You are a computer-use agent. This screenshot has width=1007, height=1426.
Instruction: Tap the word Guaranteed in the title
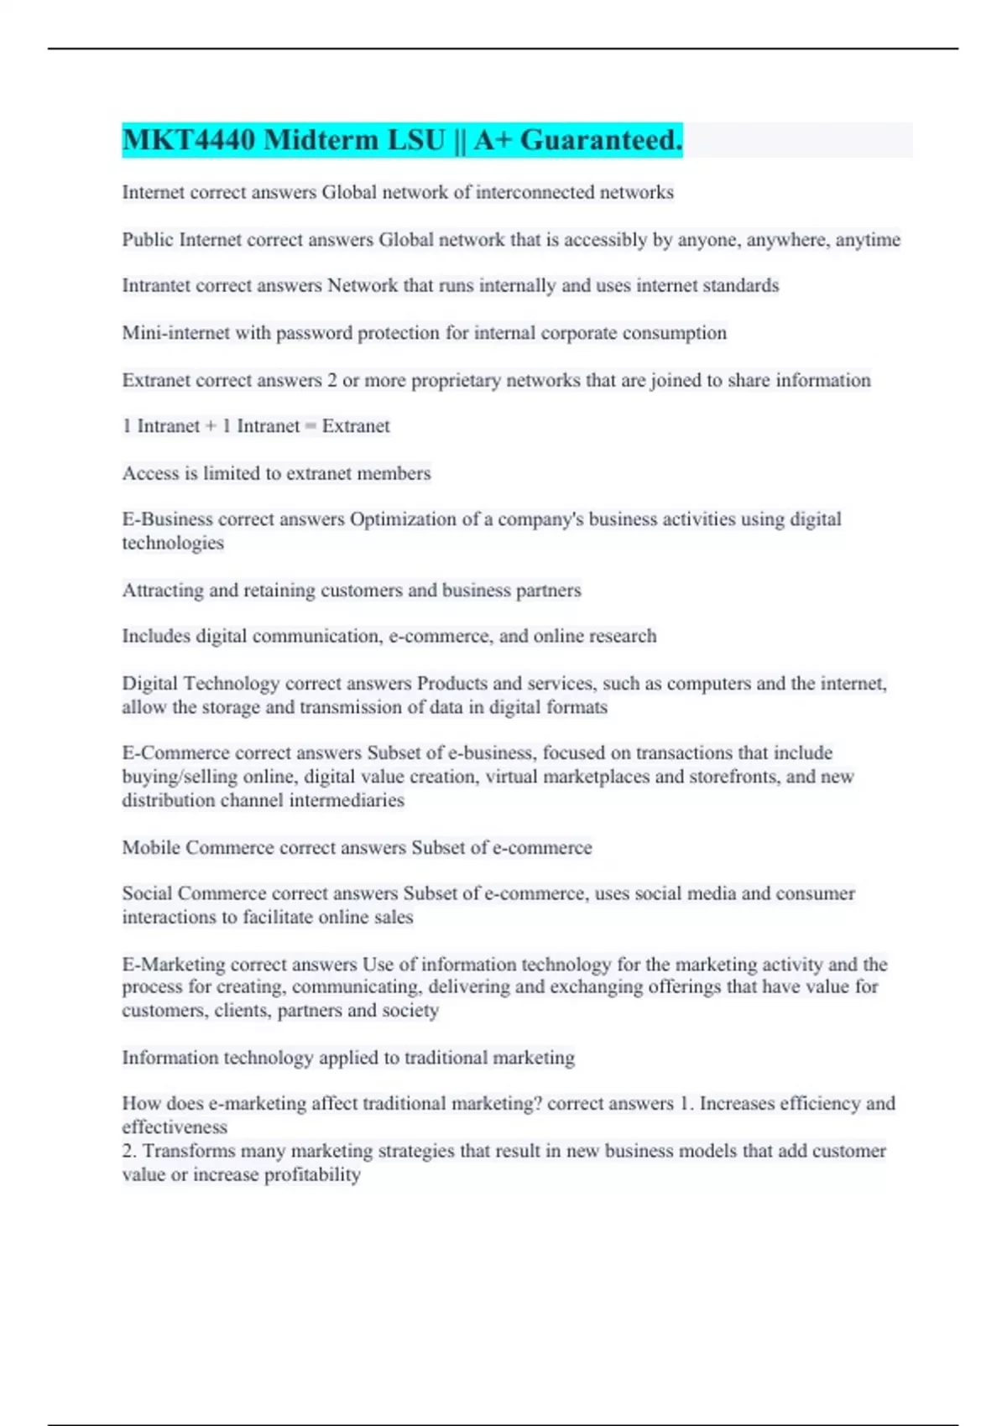pyautogui.click(x=601, y=140)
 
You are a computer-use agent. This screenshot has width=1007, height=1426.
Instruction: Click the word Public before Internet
pyautogui.click(x=148, y=240)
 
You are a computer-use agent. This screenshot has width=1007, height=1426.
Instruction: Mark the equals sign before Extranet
pyautogui.click(x=310, y=426)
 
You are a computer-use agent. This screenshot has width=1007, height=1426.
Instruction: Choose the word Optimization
pyautogui.click(x=402, y=519)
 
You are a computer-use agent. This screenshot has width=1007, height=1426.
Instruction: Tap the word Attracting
pyautogui.click(x=163, y=591)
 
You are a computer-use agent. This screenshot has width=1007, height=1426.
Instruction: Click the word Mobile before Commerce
pyautogui.click(x=151, y=847)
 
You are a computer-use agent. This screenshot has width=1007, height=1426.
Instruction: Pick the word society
pyautogui.click(x=410, y=1010)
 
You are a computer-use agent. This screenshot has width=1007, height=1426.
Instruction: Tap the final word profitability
pyautogui.click(x=312, y=1174)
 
